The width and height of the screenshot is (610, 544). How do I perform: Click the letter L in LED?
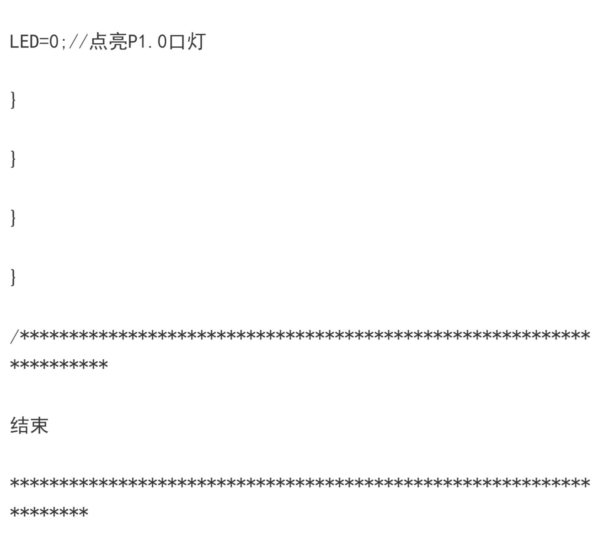tap(15, 41)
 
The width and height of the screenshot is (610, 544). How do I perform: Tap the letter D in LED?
tap(34, 41)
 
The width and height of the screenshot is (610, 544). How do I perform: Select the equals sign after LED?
tap(44, 42)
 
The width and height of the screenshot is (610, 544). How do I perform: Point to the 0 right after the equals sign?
tap(54, 41)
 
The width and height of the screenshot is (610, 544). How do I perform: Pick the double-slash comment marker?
tap(78, 41)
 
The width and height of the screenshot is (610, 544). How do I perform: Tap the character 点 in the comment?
tap(98, 41)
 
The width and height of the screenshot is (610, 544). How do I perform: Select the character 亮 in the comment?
tap(118, 41)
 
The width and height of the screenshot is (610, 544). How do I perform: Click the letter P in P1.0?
tap(133, 41)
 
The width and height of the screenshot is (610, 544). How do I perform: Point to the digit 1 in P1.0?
tap(142, 41)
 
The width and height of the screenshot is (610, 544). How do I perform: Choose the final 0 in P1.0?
tap(162, 41)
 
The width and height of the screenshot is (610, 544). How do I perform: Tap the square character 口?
tap(177, 42)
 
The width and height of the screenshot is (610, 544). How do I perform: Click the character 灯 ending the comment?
tap(196, 41)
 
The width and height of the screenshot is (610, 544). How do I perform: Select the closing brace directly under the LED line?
tap(13, 100)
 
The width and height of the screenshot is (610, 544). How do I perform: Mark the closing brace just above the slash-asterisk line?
tap(13, 277)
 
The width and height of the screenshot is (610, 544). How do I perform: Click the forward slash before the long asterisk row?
tap(14, 336)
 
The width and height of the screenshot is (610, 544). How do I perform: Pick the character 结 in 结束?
tap(20, 425)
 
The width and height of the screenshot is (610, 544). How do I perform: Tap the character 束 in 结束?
tap(39, 425)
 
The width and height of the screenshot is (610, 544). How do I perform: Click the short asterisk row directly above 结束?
tap(59, 365)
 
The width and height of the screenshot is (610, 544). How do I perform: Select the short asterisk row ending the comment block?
tap(49, 512)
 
